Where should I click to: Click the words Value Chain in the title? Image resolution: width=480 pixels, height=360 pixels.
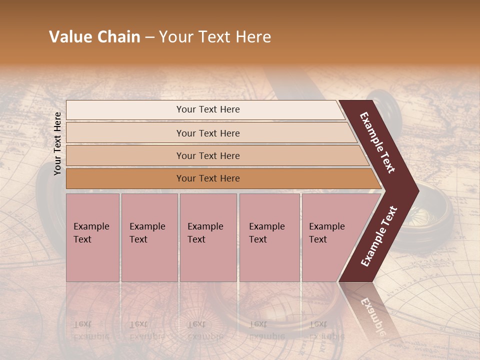tap(94, 37)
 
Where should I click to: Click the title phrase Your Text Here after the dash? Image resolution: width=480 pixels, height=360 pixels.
tap(215, 37)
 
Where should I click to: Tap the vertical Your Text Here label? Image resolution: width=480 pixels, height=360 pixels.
tap(57, 143)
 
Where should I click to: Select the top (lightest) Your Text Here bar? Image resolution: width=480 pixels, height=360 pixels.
tap(207, 109)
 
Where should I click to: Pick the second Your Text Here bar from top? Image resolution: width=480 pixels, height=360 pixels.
tap(207, 133)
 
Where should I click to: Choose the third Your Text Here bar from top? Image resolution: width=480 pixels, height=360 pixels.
tap(207, 155)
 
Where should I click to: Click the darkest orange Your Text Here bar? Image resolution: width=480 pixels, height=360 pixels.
tap(207, 178)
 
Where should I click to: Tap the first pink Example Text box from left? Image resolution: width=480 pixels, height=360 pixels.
tap(92, 237)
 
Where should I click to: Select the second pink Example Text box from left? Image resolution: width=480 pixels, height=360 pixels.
tap(149, 237)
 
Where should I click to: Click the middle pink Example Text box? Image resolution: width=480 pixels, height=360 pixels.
tap(208, 237)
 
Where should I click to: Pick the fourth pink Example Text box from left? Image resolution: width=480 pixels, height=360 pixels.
tap(269, 237)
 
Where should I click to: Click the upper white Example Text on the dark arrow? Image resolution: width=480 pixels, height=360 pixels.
tap(378, 142)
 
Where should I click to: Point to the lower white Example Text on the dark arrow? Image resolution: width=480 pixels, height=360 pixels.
tap(379, 236)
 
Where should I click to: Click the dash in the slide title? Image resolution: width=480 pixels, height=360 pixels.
tap(149, 37)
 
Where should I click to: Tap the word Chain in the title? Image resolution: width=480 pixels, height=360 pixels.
tap(119, 37)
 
